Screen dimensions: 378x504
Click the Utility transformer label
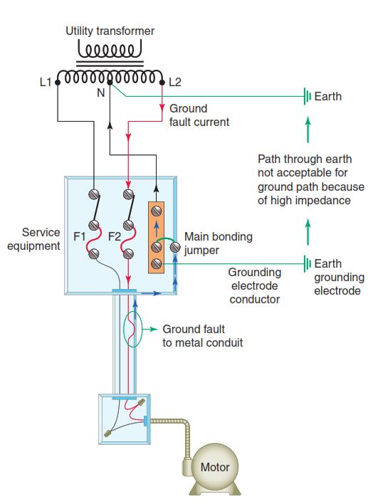110,31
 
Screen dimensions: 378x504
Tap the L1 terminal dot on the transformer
58,83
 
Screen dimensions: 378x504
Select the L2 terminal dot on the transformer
162,83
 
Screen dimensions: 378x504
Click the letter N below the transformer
101,93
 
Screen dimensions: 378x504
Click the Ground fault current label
199,115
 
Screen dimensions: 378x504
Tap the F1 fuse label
80,236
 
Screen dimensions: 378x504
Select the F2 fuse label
115,236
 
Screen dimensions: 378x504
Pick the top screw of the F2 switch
129,194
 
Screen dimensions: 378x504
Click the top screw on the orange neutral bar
157,211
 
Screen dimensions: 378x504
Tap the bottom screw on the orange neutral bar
157,264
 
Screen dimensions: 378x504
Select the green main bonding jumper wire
165,241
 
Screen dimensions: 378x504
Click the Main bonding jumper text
219,243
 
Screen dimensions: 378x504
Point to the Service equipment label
33,239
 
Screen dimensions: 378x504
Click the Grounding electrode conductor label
255,285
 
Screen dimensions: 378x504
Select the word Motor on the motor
215,467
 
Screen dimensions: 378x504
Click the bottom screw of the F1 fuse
93,253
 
